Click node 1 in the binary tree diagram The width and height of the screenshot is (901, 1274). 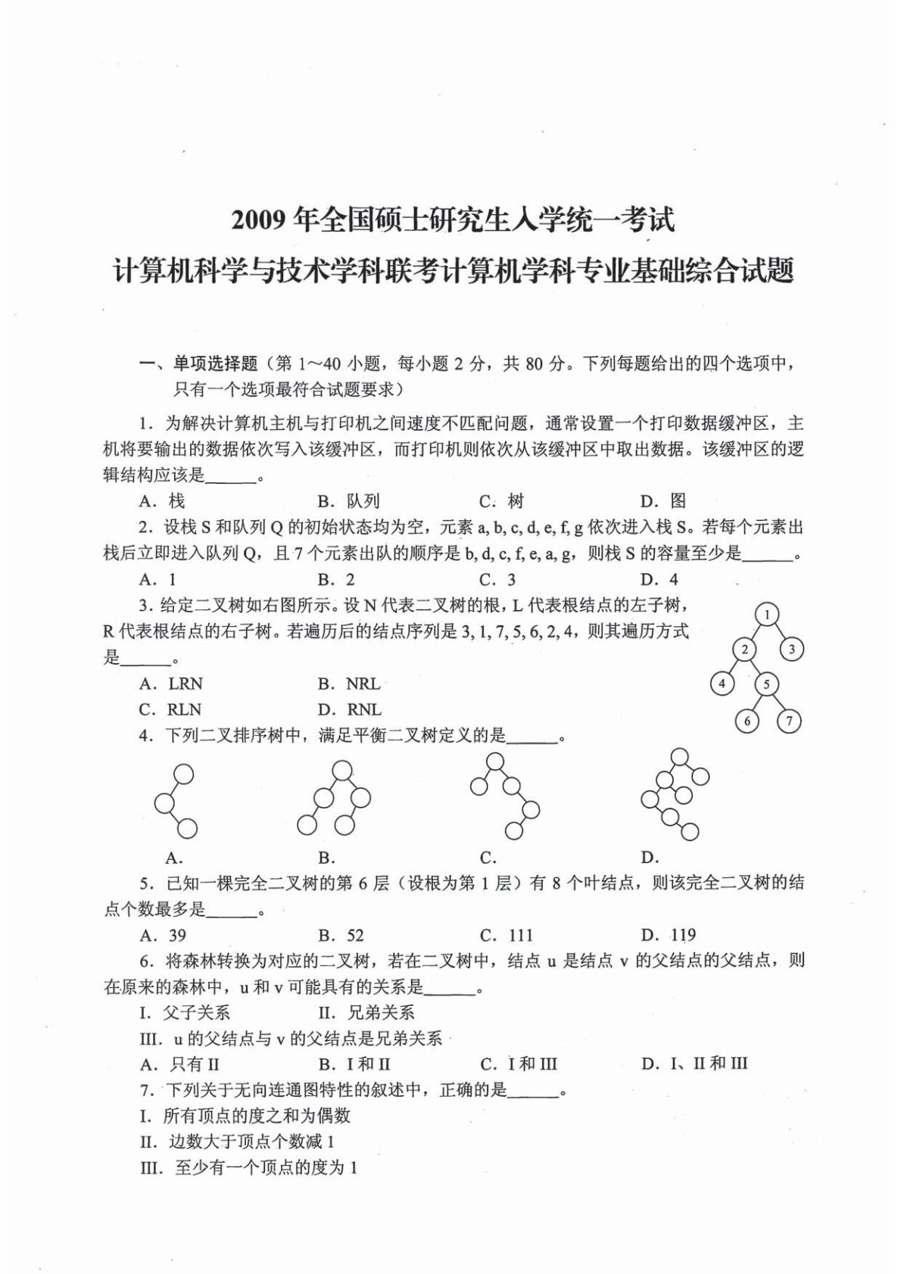click(767, 615)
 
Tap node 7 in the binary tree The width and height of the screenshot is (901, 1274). click(789, 720)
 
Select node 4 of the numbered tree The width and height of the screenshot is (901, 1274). click(722, 684)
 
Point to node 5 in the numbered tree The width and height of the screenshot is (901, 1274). click(766, 684)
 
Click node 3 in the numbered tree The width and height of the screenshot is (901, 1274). click(792, 649)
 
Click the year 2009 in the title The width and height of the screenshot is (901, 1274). click(260, 220)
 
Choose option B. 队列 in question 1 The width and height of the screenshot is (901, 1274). click(348, 500)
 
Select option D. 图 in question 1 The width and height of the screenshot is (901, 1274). click(662, 500)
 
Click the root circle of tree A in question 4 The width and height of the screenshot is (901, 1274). click(184, 774)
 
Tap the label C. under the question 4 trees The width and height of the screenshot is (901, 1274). click(488, 858)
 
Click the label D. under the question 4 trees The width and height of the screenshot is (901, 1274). click(650, 858)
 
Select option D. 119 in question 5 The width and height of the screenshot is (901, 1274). click(668, 935)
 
